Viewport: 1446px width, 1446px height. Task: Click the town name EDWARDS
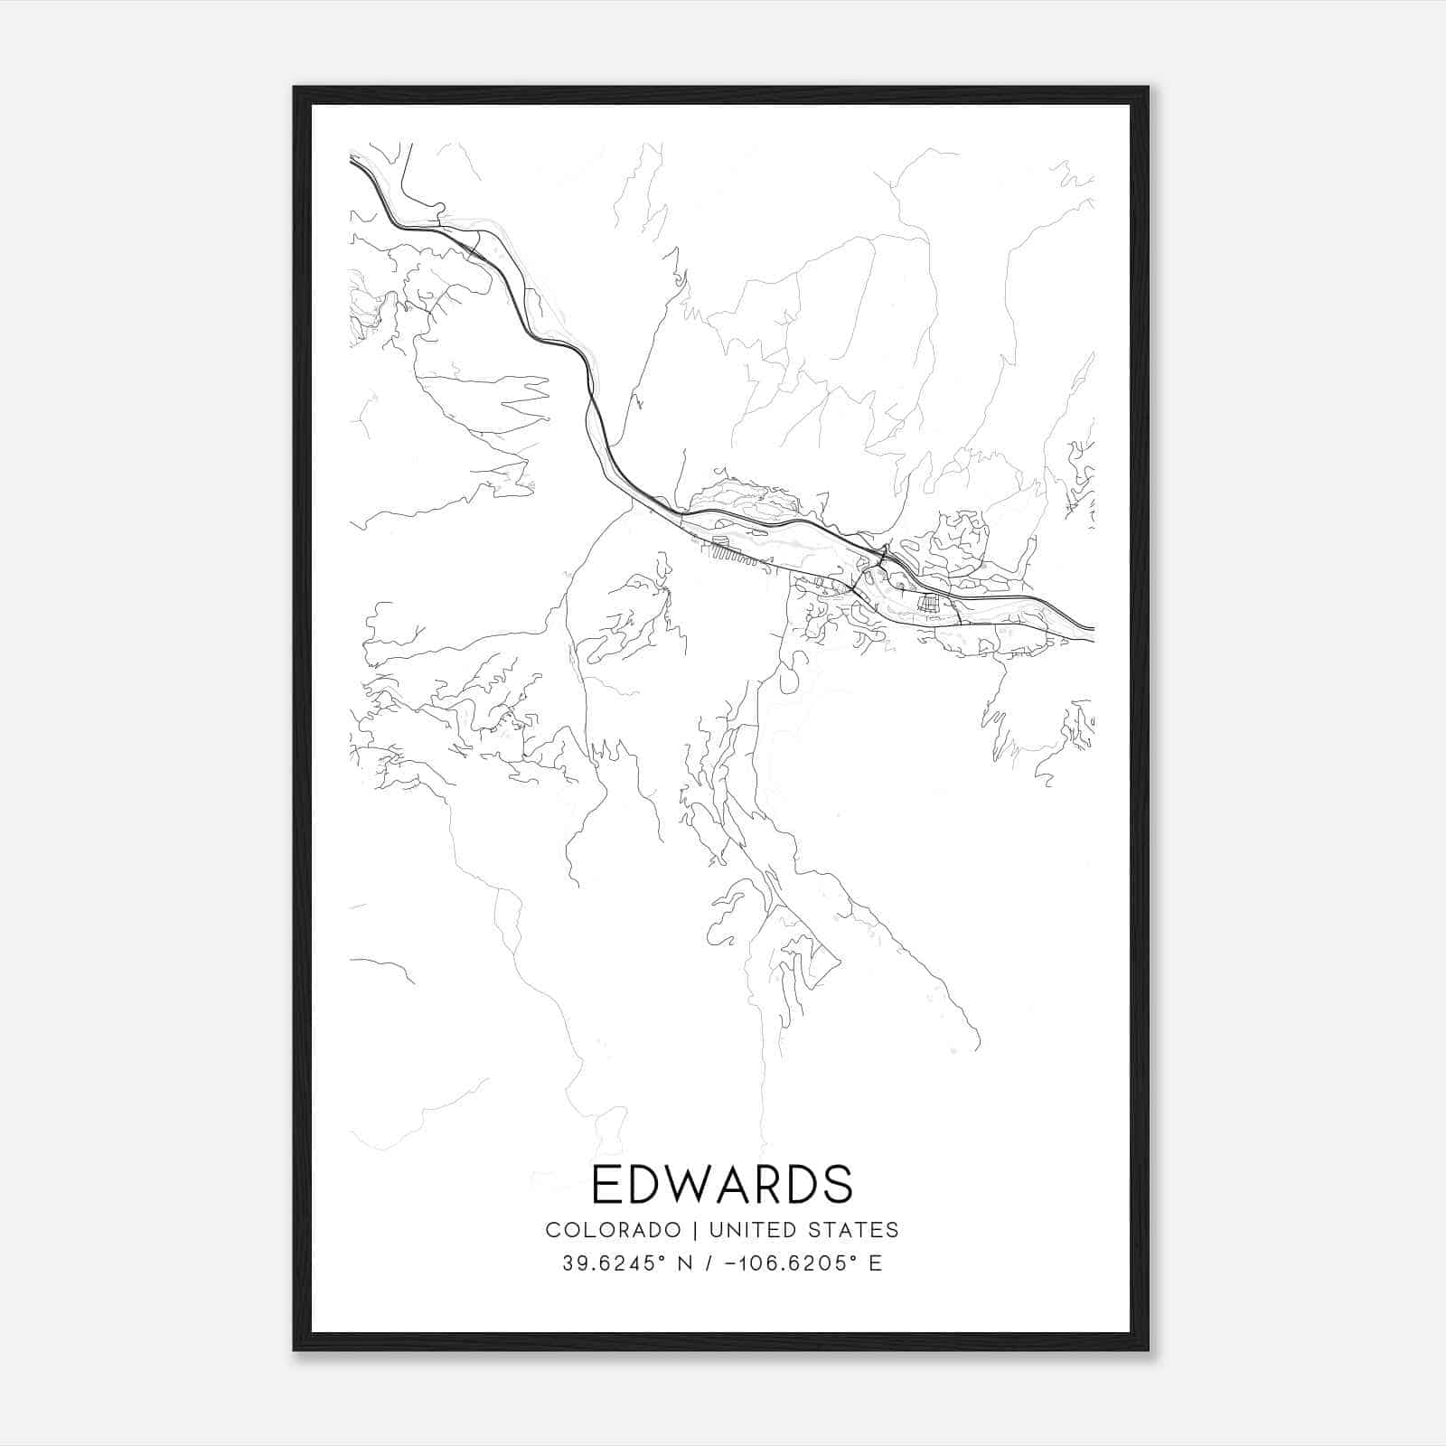click(x=722, y=1185)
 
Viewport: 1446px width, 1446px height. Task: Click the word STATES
click(x=861, y=1230)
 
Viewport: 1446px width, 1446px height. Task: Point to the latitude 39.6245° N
click(x=627, y=1263)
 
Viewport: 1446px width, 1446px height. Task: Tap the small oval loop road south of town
click(x=788, y=680)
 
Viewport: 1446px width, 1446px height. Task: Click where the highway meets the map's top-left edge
click(x=352, y=159)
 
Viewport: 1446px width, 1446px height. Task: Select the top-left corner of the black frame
click(x=295, y=88)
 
